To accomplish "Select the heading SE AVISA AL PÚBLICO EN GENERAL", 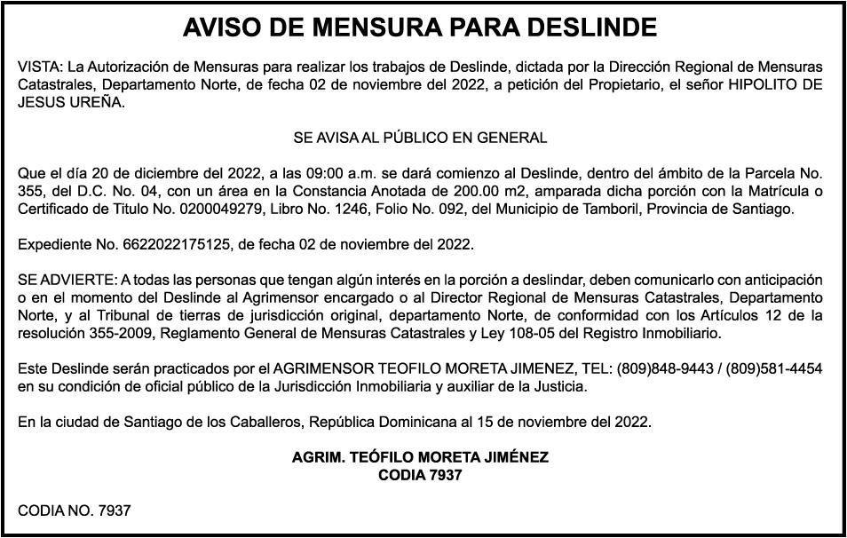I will point(420,138).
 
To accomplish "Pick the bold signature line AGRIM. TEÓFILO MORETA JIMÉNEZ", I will point(420,457).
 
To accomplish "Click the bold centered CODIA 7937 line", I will point(420,475).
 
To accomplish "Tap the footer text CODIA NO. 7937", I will point(75,510).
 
